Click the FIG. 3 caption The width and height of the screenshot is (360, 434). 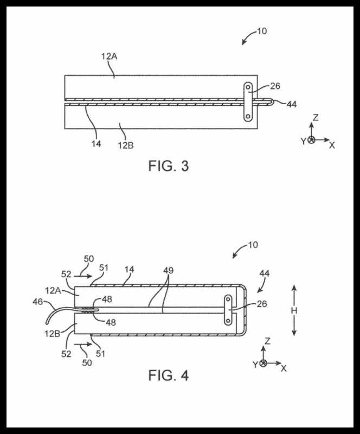pyautogui.click(x=168, y=166)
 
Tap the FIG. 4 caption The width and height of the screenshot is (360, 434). pyautogui.click(x=168, y=375)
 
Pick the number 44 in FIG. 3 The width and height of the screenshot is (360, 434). pyautogui.click(x=291, y=104)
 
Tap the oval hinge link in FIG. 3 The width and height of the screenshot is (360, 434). pyautogui.click(x=247, y=102)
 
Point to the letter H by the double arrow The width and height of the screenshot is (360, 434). pyautogui.click(x=294, y=310)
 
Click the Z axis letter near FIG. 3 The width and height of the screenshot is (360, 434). pyautogui.click(x=316, y=117)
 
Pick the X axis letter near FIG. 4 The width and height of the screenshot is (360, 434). pyautogui.click(x=284, y=368)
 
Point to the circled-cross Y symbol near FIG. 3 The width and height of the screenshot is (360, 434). pyautogui.click(x=311, y=140)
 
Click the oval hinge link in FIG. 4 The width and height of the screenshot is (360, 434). pyautogui.click(x=228, y=311)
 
